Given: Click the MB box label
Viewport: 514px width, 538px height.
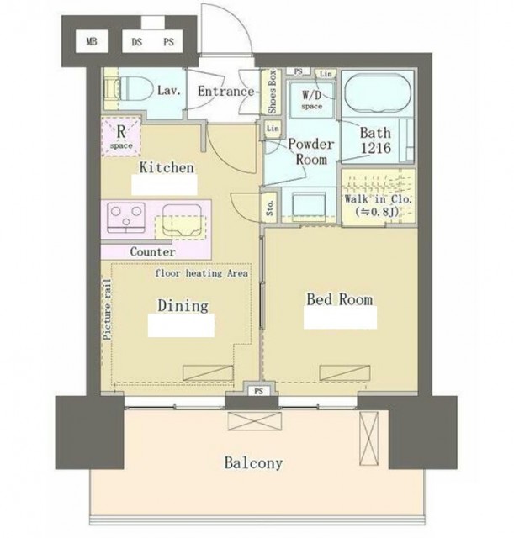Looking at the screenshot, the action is point(92,42).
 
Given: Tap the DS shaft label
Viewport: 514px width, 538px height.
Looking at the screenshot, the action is point(136,42).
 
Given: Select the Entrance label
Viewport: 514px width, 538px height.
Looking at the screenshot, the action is point(225,92).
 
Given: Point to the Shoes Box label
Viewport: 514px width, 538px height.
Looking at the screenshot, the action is point(272,92).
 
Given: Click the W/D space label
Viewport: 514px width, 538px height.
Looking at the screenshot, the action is point(312,99).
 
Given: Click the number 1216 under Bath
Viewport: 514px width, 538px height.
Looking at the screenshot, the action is point(376,148).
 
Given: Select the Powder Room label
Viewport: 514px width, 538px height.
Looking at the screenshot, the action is point(311,151).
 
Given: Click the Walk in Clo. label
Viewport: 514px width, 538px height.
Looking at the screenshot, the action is point(378,199).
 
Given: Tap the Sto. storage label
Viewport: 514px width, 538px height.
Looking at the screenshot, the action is point(270,208).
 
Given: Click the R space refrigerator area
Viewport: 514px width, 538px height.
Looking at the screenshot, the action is point(121,136).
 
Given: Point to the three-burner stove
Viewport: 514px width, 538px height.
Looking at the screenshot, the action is point(126,218).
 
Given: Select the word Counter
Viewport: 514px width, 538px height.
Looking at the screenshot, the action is point(152,252).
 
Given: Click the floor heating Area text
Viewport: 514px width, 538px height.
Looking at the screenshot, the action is point(202,273).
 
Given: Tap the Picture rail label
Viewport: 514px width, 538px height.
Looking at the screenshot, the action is point(108,310).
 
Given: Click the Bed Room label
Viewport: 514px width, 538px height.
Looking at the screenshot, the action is point(340,299).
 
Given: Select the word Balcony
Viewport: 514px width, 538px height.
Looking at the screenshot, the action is point(253,463).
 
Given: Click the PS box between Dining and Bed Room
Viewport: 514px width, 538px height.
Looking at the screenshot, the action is point(259,391).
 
